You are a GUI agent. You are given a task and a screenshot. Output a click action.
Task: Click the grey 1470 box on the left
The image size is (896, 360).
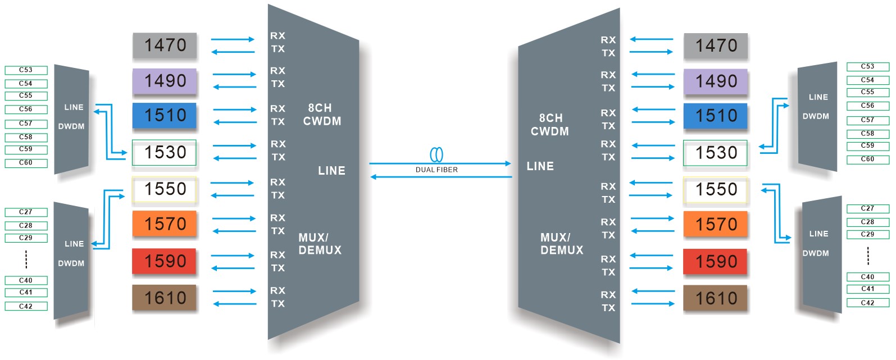[165, 45]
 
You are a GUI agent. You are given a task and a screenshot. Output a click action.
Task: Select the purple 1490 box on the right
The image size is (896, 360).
[716, 82]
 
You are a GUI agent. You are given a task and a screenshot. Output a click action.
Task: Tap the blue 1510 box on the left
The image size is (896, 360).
[165, 116]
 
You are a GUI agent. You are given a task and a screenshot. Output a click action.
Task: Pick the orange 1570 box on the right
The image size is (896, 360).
[716, 225]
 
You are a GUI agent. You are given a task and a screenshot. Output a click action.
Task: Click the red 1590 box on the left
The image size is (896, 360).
[165, 261]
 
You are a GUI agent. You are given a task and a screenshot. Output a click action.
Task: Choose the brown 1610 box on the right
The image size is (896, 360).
[716, 298]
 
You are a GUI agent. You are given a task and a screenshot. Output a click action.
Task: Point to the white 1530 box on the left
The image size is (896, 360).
[165, 153]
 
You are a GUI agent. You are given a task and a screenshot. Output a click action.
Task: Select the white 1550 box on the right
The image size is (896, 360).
[716, 190]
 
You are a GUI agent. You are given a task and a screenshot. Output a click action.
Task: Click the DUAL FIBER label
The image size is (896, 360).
[436, 170]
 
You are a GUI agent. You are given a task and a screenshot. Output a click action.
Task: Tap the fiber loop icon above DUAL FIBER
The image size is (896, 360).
[436, 154]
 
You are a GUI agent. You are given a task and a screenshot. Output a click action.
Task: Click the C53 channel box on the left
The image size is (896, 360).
[26, 70]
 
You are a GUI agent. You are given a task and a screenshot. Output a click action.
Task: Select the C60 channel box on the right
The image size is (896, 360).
[868, 160]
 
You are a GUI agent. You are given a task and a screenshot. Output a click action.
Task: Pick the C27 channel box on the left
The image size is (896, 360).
[26, 212]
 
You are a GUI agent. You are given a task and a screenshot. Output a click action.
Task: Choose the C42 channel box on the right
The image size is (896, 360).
[868, 303]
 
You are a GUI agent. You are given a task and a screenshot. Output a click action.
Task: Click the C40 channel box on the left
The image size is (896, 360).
[26, 280]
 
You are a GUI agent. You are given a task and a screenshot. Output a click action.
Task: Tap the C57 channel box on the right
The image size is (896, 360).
[868, 120]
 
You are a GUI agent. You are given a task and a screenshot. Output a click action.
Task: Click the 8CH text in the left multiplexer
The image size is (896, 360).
[320, 108]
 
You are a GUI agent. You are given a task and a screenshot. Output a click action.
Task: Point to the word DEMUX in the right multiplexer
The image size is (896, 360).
[562, 250]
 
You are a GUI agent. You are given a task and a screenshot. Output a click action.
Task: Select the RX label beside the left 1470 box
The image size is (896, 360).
[278, 36]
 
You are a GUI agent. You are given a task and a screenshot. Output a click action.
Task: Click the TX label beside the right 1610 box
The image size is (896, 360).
[608, 308]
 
